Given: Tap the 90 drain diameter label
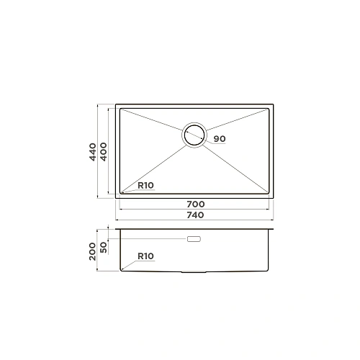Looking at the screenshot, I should (x=220, y=138).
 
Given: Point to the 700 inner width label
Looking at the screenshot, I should (x=195, y=204).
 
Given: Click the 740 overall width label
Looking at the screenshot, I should (x=195, y=215).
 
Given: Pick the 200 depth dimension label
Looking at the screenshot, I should (x=93, y=251).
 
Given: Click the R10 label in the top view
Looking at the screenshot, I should (x=146, y=186).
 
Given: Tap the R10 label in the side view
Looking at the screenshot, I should (x=146, y=256).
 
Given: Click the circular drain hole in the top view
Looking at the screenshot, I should (x=194, y=135).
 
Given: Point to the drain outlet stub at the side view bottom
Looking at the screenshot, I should (x=194, y=272).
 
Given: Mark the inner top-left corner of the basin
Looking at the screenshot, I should (x=120, y=110).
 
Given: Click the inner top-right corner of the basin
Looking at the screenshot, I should (x=270, y=110).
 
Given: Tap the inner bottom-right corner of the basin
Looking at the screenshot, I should (x=270, y=194).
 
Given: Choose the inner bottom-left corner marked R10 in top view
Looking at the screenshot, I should (x=120, y=194).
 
